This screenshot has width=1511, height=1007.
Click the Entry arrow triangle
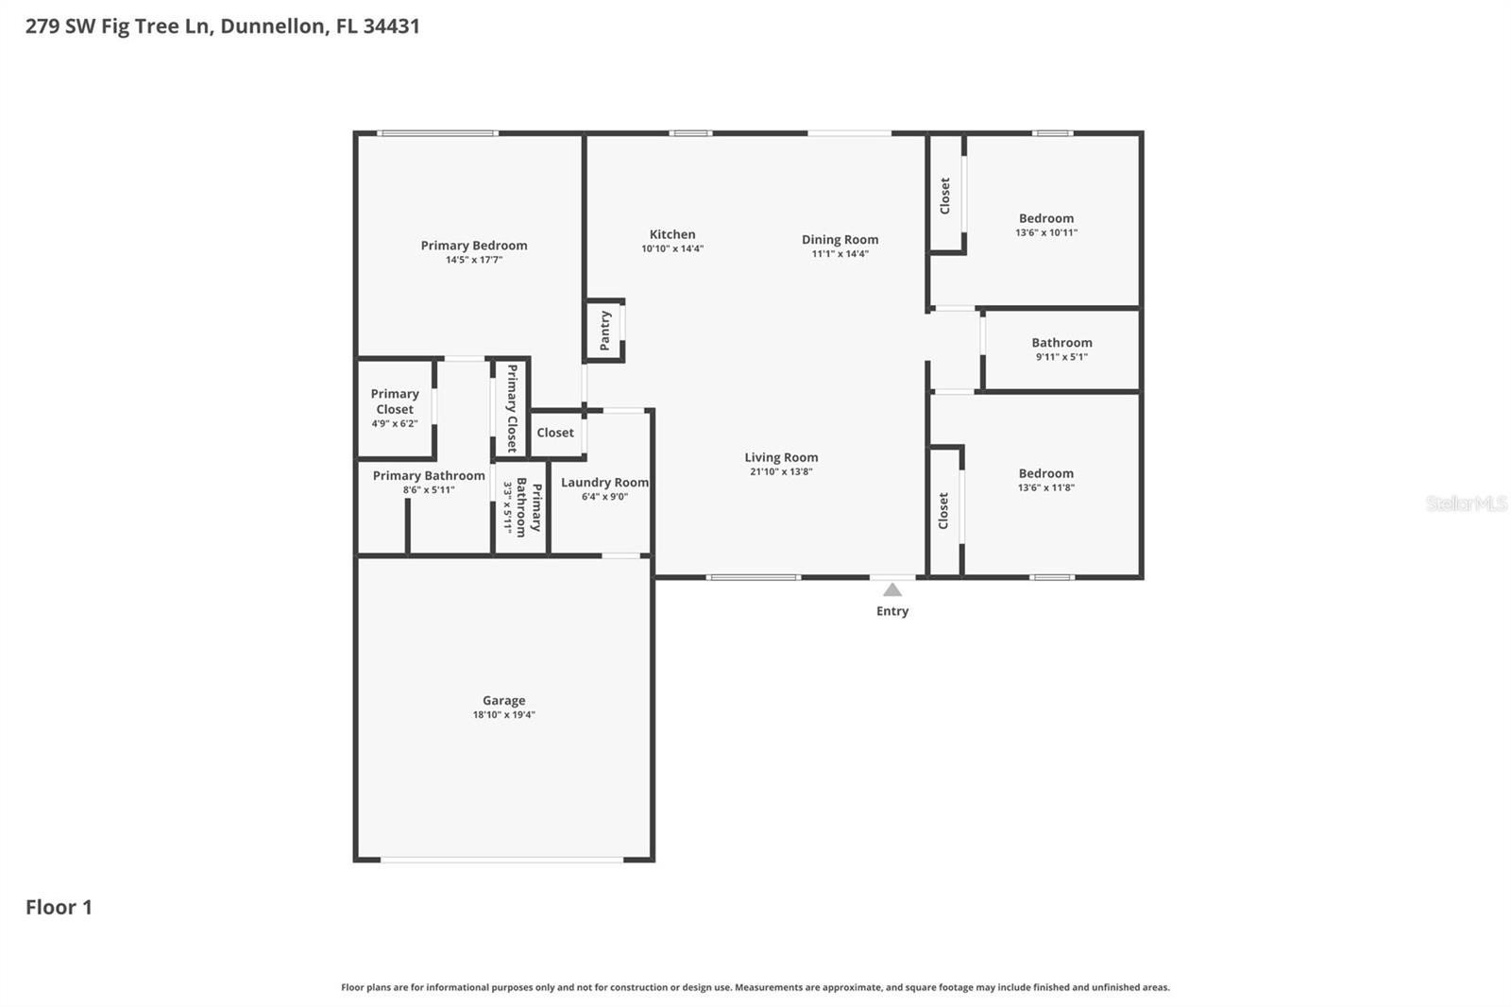(x=892, y=590)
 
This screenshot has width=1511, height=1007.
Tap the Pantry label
(x=605, y=331)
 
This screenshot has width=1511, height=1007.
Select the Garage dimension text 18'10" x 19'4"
(x=503, y=715)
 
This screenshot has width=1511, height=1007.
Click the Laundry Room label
(x=604, y=483)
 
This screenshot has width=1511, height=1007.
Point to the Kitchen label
(x=672, y=235)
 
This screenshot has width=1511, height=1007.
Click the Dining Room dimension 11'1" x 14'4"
(x=840, y=254)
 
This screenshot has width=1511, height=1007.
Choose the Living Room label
(x=781, y=458)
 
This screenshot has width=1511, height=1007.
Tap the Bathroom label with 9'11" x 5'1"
(x=1061, y=344)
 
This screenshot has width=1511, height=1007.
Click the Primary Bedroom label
(x=474, y=246)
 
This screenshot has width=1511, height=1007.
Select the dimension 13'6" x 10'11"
(x=1046, y=232)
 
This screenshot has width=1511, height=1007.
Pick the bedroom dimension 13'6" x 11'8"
(x=1046, y=487)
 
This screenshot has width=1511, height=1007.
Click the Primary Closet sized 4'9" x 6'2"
(x=395, y=402)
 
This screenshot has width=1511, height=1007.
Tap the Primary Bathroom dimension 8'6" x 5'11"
(x=429, y=490)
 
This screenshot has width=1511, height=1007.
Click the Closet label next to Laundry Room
(x=555, y=433)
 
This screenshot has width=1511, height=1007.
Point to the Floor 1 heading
(x=59, y=908)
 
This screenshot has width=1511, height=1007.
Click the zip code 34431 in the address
(x=391, y=26)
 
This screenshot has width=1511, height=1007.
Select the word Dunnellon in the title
(x=273, y=26)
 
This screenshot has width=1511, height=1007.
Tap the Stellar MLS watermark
(x=1466, y=503)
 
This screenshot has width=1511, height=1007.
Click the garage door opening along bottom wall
(x=501, y=860)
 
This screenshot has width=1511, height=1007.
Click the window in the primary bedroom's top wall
(x=437, y=133)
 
